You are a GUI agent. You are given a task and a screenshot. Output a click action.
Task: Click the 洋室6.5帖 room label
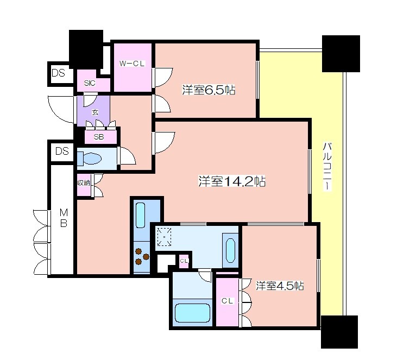(209, 90)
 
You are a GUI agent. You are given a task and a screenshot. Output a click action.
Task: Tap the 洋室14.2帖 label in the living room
(232, 181)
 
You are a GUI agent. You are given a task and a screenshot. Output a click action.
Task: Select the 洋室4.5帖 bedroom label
(280, 286)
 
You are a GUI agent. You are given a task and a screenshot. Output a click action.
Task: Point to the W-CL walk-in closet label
(132, 64)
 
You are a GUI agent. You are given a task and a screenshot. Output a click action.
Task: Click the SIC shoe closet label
(90, 83)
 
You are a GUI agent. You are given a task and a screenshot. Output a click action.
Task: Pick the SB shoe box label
(99, 137)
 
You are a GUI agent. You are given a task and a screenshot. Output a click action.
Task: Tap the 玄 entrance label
(95, 112)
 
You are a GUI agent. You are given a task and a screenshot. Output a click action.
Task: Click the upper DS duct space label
(58, 73)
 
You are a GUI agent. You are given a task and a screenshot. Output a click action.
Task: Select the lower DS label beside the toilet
(62, 151)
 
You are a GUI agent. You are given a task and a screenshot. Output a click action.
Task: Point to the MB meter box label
(64, 218)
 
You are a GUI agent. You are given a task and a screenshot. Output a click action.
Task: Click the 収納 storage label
(84, 183)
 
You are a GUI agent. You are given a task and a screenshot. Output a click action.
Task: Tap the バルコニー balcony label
(327, 166)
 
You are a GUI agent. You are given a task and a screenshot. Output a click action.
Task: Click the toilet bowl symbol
(89, 159)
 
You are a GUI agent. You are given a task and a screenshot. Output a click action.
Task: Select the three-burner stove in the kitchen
(142, 256)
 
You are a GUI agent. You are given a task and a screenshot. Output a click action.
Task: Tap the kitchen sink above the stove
(140, 215)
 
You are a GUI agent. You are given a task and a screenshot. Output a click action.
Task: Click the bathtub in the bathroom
(192, 313)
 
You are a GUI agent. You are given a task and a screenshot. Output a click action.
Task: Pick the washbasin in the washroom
(230, 250)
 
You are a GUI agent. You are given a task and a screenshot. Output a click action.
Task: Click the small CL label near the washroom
(184, 261)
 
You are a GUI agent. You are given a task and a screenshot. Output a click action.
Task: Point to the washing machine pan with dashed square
(165, 236)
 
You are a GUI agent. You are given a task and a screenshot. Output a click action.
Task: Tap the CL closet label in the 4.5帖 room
(228, 301)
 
